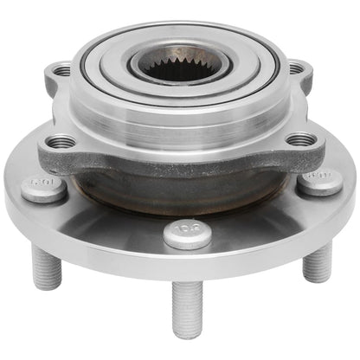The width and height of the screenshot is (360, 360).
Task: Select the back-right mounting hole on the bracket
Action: (295, 68)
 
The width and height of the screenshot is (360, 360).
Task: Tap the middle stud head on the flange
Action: (187, 234)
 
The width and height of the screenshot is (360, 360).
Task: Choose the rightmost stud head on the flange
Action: (319, 181)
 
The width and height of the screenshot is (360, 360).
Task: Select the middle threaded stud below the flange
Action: (187, 307)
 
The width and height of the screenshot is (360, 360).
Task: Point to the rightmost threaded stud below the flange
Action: (318, 261)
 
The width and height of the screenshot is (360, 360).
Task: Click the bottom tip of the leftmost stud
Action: (48, 286)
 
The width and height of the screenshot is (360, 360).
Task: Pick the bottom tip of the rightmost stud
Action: (317, 279)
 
